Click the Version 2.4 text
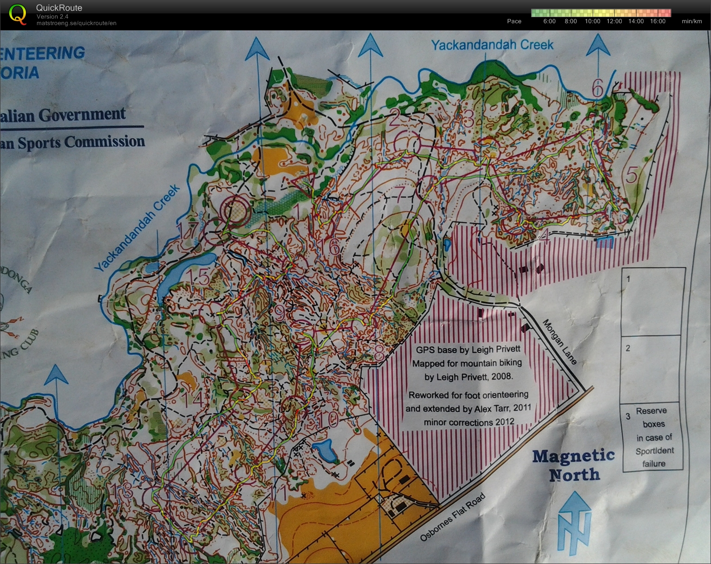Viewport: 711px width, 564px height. (52, 17)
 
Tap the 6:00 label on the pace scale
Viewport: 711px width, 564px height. (549, 21)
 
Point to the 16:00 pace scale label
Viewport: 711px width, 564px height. (657, 21)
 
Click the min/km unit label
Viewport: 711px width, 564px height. (692, 21)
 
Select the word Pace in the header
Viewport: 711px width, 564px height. (514, 21)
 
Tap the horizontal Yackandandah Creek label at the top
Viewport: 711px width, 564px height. (492, 45)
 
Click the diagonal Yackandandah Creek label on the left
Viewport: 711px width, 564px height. (137, 229)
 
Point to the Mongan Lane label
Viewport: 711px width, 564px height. (559, 342)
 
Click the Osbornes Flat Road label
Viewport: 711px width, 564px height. (453, 517)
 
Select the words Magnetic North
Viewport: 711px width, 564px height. (573, 465)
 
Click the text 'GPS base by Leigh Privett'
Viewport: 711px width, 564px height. (468, 349)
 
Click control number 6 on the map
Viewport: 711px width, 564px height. (597, 87)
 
